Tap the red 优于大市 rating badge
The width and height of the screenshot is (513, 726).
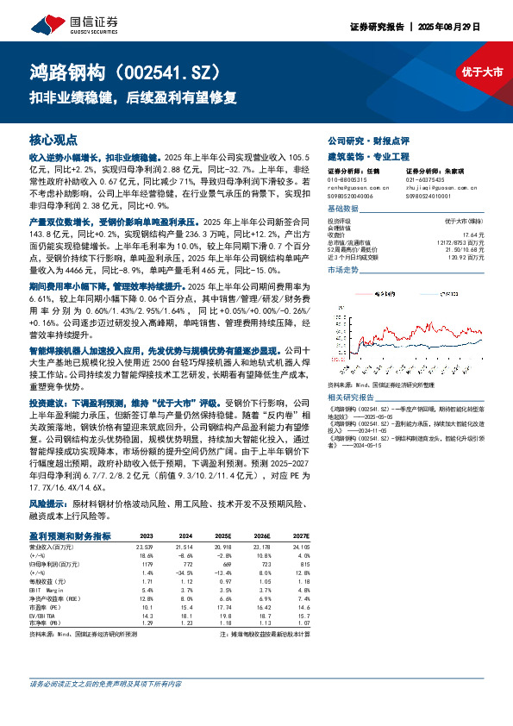coord(480,73)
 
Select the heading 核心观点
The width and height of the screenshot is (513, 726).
coord(53,139)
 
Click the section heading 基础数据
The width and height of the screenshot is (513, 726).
coord(343,210)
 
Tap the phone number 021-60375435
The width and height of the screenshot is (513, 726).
coord(427,180)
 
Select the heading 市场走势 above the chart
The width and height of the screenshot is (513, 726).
coord(343,270)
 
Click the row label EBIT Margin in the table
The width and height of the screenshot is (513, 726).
coord(47,588)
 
